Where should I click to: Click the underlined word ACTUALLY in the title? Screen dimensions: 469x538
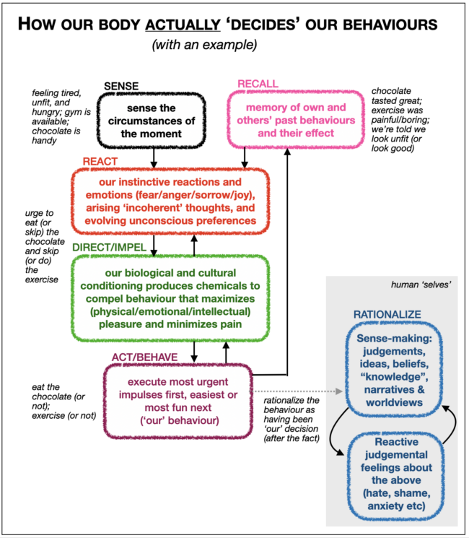click(183, 25)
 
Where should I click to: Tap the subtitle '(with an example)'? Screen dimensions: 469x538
click(204, 45)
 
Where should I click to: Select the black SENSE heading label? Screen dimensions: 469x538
click(121, 86)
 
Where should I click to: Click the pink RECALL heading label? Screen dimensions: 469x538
click(258, 84)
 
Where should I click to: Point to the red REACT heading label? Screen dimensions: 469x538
click(100, 161)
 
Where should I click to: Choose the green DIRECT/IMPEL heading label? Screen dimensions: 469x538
click(110, 247)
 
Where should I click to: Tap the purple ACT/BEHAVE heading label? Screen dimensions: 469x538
click(145, 357)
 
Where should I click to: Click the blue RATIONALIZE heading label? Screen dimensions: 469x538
click(387, 314)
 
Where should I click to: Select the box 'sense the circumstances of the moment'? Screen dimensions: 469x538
click(152, 121)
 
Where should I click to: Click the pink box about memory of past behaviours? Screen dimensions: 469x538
click(296, 120)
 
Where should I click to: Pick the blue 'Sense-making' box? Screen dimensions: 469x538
click(394, 370)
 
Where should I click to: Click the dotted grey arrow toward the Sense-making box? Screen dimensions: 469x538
click(297, 391)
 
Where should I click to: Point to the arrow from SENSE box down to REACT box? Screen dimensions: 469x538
click(154, 158)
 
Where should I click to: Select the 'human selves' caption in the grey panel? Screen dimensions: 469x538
click(421, 285)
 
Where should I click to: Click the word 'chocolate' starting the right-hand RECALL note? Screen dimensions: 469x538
click(391, 91)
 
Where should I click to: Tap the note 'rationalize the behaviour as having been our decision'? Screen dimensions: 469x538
click(292, 420)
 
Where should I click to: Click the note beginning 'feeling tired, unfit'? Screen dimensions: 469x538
click(61, 117)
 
